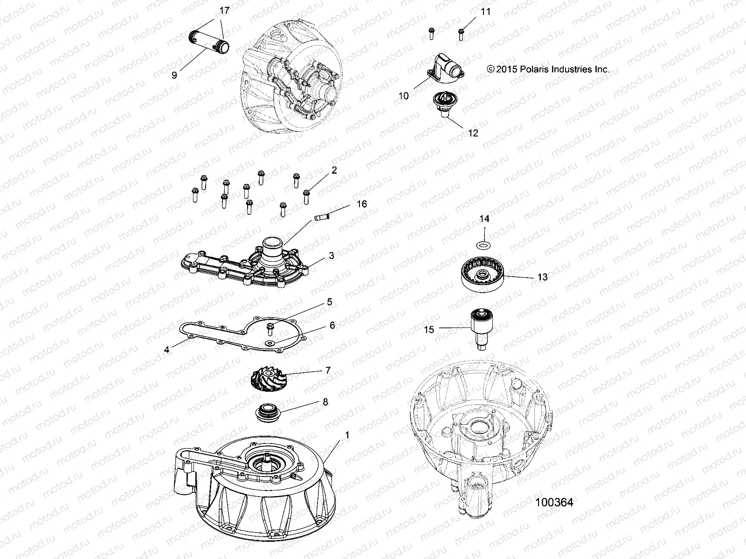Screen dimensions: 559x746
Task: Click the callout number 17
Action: tap(224, 11)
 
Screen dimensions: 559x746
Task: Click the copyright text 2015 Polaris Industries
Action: tap(548, 69)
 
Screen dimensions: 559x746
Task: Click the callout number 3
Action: tap(331, 256)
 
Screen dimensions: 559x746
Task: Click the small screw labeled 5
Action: tap(269, 329)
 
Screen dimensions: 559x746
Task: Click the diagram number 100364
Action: tap(554, 502)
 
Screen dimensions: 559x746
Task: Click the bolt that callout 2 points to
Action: tap(306, 196)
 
